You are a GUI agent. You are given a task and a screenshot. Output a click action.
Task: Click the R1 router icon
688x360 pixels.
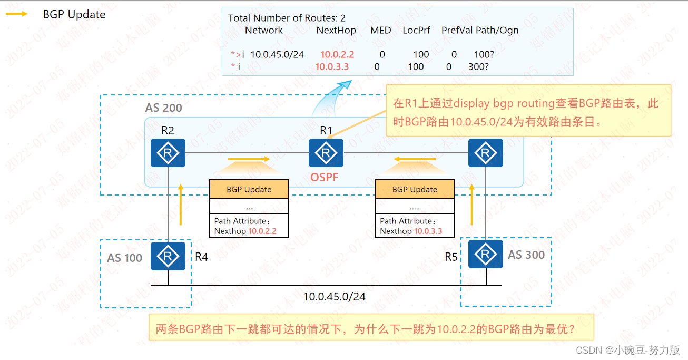[x=326, y=153]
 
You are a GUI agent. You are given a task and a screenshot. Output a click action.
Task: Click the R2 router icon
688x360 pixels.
[x=168, y=153]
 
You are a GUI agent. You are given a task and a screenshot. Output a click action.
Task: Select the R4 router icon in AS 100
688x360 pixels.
[x=168, y=256]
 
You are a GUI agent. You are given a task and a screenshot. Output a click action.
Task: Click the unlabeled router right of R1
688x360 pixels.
[x=485, y=153]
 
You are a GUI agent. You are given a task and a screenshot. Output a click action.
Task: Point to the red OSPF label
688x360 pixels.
[x=325, y=178]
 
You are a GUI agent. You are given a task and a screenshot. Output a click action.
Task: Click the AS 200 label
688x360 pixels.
[x=163, y=108]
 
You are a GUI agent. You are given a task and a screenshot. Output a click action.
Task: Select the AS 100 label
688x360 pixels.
[x=125, y=258]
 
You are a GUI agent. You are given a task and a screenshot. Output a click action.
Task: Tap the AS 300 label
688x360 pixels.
[x=526, y=255]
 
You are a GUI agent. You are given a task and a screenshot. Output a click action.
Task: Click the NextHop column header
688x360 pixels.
[x=336, y=31]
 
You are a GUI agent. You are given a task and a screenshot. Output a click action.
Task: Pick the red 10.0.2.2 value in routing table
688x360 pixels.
[x=337, y=54]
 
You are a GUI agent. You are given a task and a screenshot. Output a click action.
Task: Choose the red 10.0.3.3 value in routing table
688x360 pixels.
[x=332, y=67]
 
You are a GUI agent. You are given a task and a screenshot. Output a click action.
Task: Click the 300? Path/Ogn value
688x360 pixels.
[x=478, y=67]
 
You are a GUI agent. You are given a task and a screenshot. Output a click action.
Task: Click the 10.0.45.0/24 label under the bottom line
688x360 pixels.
[x=334, y=297]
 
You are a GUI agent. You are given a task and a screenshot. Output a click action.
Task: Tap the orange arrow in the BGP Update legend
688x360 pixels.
[x=17, y=14]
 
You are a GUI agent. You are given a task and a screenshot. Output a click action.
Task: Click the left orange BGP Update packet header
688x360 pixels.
[x=249, y=189]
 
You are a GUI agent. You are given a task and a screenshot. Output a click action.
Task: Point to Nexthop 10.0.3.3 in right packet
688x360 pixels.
[x=411, y=231]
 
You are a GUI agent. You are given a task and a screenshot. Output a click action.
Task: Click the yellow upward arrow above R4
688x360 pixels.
[x=181, y=205]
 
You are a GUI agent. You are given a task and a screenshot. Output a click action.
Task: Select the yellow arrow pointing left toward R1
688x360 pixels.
[x=416, y=159]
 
